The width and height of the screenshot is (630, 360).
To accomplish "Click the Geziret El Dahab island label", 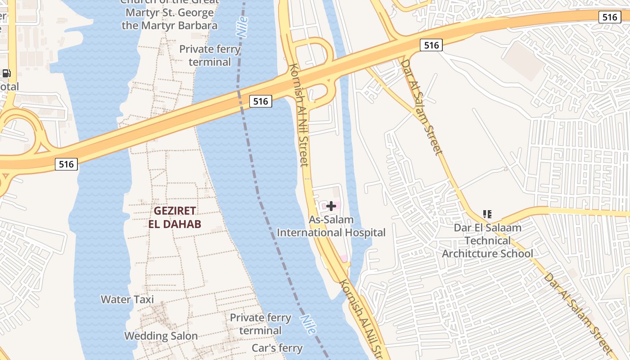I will (175, 217).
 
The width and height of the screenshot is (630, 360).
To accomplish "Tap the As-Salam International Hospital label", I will (331, 226).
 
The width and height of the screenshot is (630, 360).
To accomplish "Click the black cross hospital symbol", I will (331, 206).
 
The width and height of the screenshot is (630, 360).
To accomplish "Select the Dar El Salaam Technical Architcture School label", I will (487, 240).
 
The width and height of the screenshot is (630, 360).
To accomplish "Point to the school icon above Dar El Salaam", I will (487, 214).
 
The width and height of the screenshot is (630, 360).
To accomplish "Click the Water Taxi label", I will (127, 299).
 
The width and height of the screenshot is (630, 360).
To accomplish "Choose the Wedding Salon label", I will (161, 336).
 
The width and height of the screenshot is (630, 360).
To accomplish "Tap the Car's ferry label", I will (277, 348).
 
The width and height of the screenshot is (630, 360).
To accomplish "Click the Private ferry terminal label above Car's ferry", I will (261, 324).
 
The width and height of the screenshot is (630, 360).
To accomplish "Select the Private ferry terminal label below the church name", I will (210, 55).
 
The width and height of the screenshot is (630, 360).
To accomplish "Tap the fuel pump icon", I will (6, 73).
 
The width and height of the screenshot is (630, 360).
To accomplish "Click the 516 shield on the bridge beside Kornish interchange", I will (261, 101).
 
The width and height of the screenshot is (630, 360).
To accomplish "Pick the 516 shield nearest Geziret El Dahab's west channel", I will (66, 164).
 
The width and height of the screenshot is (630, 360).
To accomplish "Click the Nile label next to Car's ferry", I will (309, 324).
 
